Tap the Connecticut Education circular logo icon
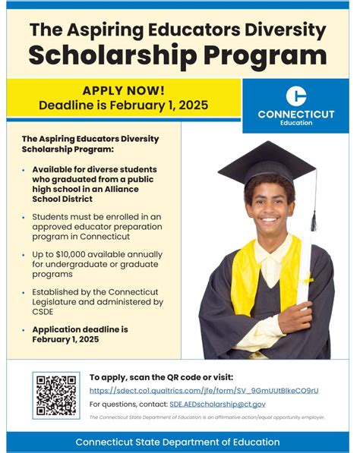tap(296, 96)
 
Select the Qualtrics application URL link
tap(204, 390)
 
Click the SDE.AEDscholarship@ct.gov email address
tap(217, 404)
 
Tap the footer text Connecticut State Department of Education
tap(178, 442)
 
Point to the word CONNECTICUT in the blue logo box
tap(296, 114)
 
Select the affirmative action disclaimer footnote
tap(207, 417)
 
